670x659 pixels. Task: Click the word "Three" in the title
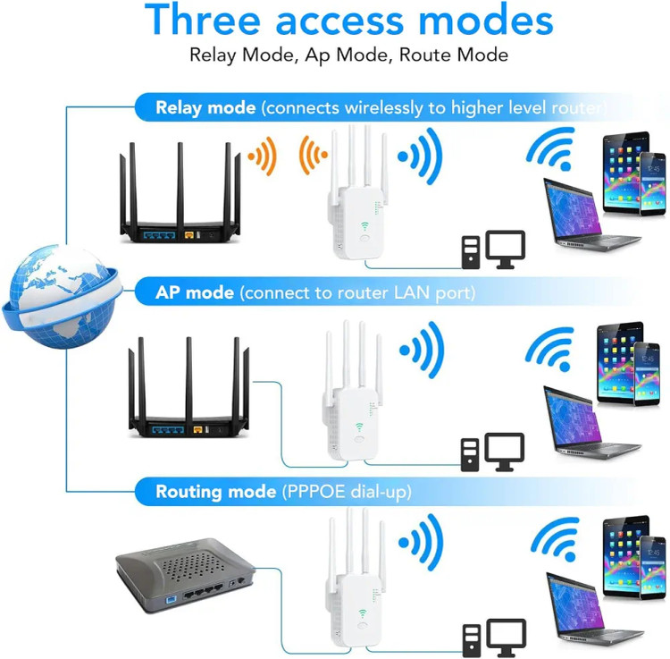(203, 20)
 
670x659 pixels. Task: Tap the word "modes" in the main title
(486, 21)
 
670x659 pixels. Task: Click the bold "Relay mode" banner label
(205, 107)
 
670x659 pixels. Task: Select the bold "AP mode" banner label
(195, 292)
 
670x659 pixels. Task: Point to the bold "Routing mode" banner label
(216, 492)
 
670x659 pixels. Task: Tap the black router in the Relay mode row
(180, 193)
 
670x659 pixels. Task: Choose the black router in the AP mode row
(188, 387)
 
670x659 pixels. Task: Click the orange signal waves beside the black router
(263, 156)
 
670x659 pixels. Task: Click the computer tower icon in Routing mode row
(472, 640)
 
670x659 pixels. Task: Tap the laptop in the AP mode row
(590, 423)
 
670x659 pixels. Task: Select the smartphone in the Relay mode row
(652, 184)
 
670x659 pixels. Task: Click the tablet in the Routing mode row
(624, 556)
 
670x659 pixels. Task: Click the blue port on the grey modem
(171, 600)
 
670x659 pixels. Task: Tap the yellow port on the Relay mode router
(189, 235)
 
